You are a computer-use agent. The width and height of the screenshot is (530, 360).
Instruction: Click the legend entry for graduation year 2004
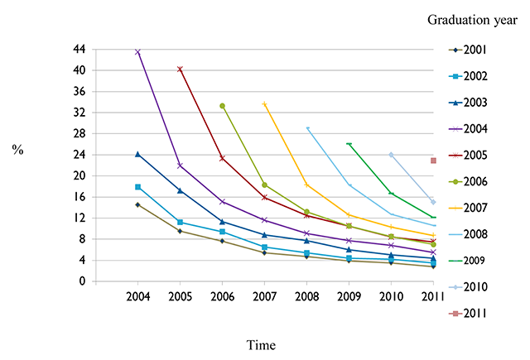pos(468,129)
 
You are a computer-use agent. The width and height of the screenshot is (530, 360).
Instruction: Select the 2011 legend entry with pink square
pos(468,314)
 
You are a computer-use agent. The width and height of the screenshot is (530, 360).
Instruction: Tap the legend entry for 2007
pos(468,208)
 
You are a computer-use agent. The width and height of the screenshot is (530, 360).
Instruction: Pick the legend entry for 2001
pos(468,50)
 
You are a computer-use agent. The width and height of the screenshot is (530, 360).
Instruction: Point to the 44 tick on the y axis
pos(79,50)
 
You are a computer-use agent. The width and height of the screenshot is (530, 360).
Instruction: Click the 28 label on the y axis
pos(79,134)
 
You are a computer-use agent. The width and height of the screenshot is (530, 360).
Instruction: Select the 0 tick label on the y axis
pos(83,281)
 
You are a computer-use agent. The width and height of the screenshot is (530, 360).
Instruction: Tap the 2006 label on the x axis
pos(222,296)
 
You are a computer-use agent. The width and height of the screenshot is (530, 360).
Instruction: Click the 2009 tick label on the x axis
pos(349,296)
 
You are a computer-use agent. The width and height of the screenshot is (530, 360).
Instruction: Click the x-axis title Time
pos(261,345)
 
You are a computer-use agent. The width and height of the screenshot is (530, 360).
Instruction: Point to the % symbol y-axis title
pos(17,149)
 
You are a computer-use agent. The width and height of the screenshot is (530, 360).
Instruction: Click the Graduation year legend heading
pos(472,20)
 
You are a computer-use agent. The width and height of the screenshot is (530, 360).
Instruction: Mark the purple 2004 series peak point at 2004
pos(137,52)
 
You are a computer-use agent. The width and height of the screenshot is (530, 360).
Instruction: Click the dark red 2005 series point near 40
pos(180,70)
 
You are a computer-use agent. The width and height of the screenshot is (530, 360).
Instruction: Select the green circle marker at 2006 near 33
pos(222,106)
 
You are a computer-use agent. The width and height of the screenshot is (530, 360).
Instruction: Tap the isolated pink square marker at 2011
pos(433,161)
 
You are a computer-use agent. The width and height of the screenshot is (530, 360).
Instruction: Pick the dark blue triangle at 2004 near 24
pos(137,154)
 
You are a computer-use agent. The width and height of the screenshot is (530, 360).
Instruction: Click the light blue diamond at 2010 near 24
pos(391,155)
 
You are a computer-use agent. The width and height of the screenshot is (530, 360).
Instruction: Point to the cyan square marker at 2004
pos(137,187)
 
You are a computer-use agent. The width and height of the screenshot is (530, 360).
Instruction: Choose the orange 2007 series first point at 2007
pos(264,104)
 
